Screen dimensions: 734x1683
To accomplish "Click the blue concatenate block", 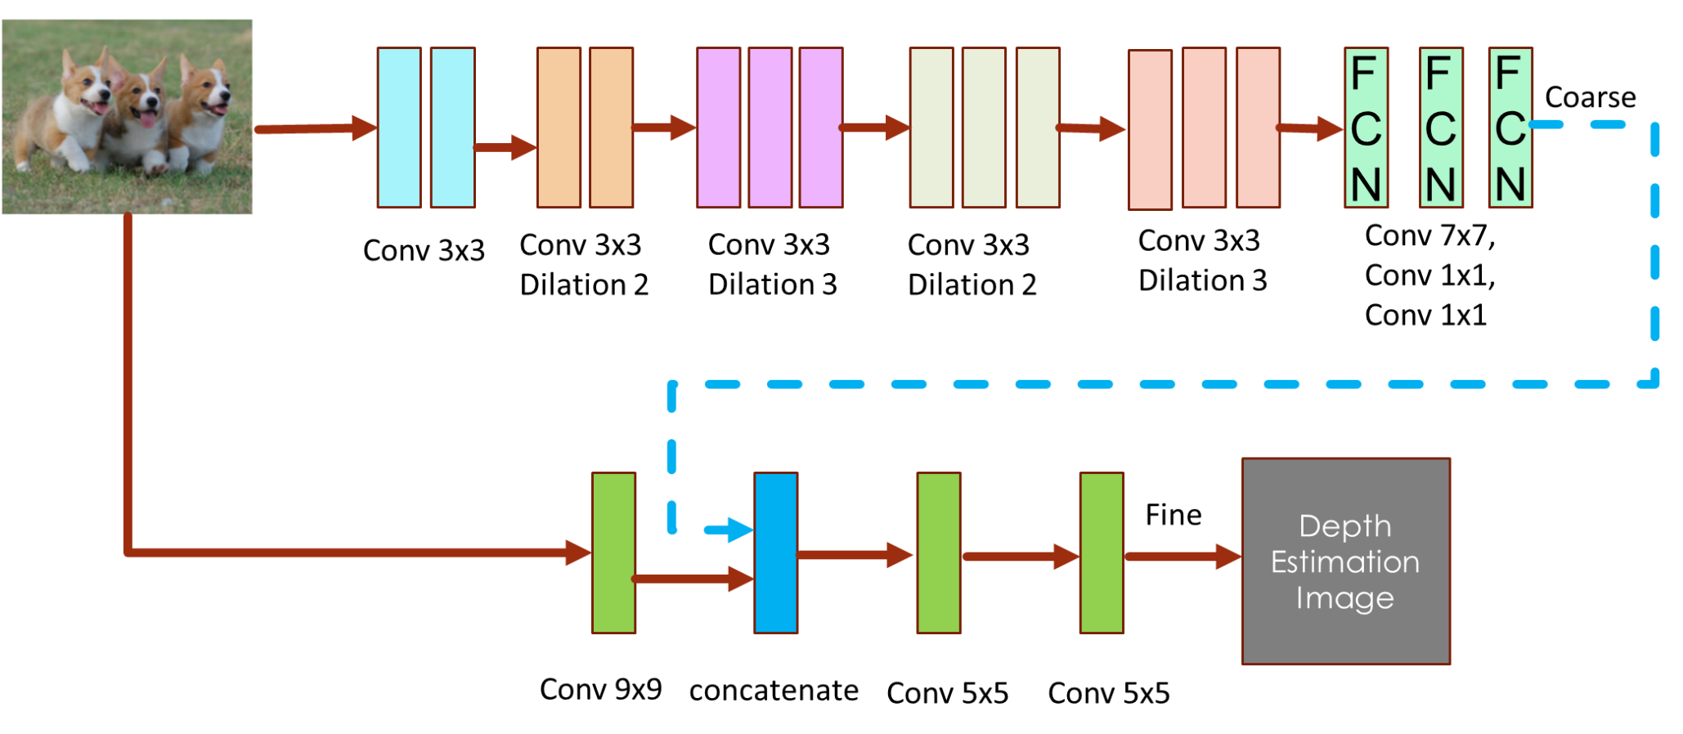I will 775,553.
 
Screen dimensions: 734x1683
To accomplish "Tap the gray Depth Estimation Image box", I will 1345,562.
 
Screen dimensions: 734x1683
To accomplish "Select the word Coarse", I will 1590,97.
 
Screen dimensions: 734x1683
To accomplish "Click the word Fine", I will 1173,515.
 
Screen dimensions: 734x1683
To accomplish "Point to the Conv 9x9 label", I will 600,689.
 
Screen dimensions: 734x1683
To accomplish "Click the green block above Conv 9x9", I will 613,553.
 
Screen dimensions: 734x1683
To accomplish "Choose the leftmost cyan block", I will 399,128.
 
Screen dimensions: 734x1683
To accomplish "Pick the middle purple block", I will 770,128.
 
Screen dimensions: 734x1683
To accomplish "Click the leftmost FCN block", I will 1366,128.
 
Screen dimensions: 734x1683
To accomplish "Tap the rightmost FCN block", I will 1510,128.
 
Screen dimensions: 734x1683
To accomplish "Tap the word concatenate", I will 774,691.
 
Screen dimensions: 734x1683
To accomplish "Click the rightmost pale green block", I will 1037,128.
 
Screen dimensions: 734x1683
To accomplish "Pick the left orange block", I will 559,128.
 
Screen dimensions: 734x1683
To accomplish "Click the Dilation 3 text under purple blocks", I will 772,284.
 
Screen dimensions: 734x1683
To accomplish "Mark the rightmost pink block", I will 1257,128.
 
